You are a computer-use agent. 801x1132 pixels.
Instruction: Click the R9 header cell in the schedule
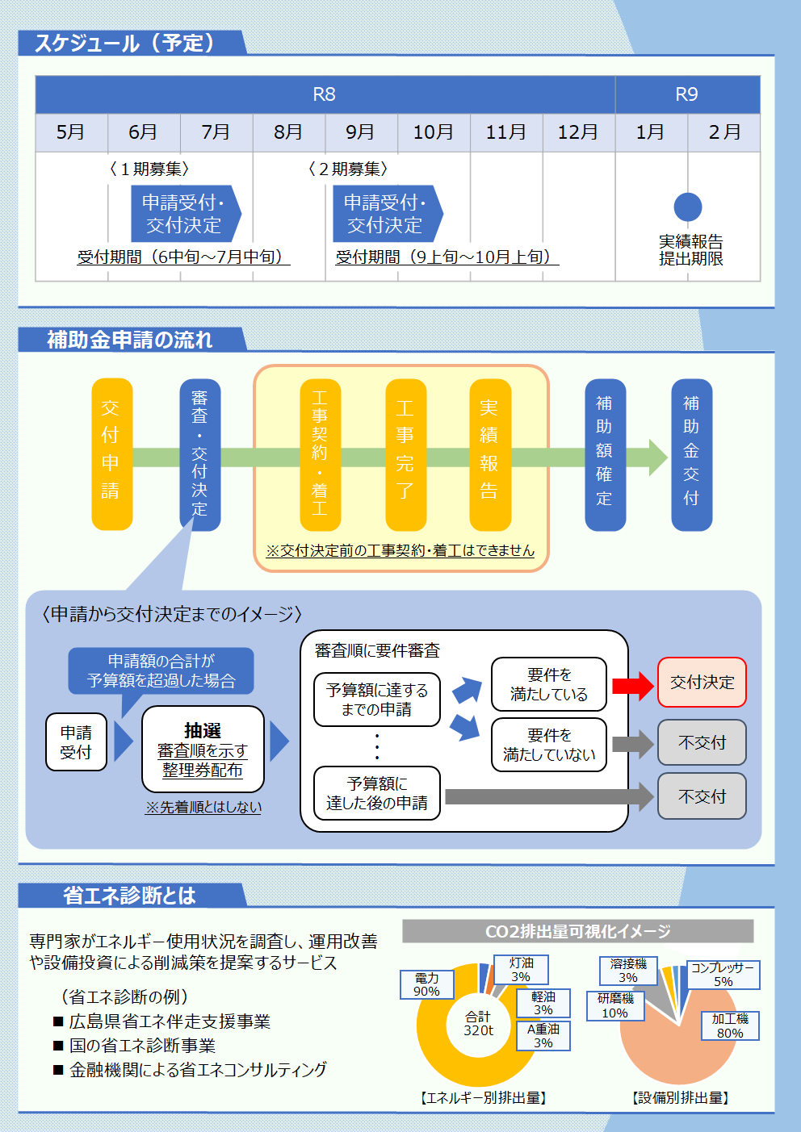(x=687, y=94)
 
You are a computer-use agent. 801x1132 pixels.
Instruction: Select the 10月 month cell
(x=434, y=132)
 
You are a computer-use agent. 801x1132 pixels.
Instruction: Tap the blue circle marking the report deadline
(x=688, y=207)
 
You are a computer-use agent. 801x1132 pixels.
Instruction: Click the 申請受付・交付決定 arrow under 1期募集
(x=185, y=214)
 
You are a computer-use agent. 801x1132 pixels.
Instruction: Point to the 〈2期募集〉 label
(x=348, y=169)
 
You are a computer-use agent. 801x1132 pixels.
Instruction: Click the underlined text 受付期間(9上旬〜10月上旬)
(x=447, y=257)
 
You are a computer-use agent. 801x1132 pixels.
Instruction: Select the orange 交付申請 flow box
(x=111, y=454)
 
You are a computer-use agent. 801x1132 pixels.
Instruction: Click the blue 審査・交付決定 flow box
(x=199, y=454)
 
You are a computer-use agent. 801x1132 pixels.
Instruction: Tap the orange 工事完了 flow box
(x=405, y=454)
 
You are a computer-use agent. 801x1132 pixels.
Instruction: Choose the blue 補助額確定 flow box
(x=605, y=454)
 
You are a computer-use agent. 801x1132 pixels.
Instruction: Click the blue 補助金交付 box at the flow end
(x=691, y=454)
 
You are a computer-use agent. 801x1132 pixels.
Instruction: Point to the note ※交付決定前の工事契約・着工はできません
(x=400, y=550)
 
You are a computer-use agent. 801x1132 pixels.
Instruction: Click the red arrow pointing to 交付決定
(x=632, y=686)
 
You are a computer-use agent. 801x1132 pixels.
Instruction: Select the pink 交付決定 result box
(x=702, y=683)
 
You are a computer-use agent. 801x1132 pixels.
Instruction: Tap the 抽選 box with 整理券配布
(x=203, y=750)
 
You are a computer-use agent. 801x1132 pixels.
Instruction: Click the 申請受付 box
(x=76, y=741)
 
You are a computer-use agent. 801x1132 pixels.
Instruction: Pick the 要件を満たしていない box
(x=549, y=745)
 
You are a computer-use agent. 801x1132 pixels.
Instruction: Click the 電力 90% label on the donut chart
(x=426, y=984)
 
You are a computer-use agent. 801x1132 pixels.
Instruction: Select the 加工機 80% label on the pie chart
(x=730, y=1025)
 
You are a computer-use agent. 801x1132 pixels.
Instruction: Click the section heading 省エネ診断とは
(x=129, y=896)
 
